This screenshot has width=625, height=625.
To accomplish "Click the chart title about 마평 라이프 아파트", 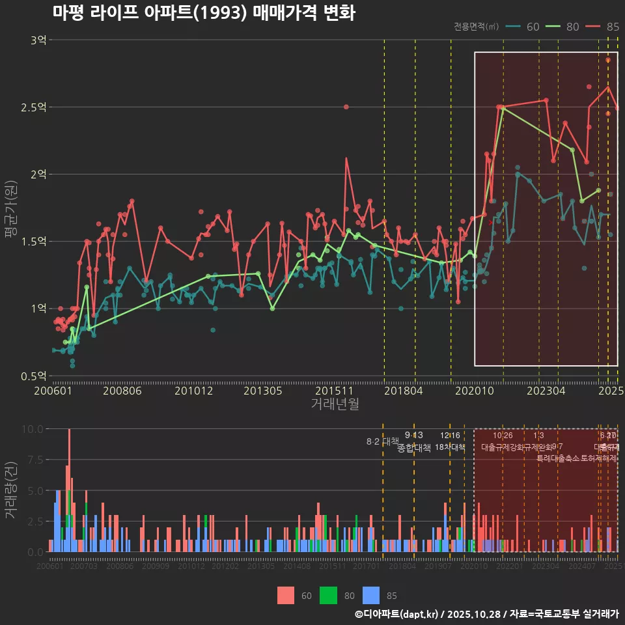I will click(204, 13).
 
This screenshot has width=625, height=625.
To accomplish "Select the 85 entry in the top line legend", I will click(603, 27).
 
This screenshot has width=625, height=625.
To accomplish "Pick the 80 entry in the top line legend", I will click(563, 27).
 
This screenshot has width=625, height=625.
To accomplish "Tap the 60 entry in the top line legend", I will click(523, 27).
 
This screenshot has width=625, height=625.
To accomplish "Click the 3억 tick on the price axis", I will click(38, 40).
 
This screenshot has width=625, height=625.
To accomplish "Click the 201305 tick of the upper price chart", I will click(262, 391).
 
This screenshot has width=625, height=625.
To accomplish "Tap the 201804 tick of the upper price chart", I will click(403, 391).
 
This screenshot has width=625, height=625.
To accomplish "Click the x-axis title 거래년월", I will click(335, 404).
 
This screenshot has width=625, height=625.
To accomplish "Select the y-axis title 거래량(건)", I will click(10, 490).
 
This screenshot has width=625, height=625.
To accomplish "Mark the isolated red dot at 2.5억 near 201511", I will click(346, 107).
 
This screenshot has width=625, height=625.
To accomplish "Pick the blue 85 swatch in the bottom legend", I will click(371, 595).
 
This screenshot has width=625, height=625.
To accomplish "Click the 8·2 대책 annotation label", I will click(383, 441).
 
